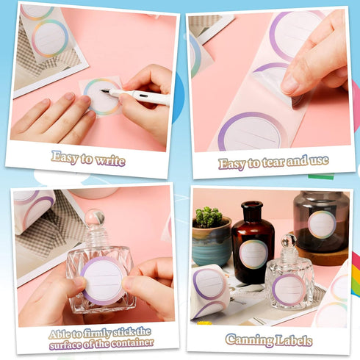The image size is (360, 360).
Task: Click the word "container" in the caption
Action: pos(132,343)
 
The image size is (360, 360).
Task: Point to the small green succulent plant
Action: pos(209,217)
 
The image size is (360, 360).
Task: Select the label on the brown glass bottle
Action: pos(253,254)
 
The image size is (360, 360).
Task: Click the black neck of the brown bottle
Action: pos(252,212)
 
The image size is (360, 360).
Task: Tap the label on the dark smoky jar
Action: pos(322,225)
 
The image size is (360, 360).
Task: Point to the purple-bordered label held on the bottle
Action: pos(101,281)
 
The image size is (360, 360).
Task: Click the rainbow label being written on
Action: pos(102,97)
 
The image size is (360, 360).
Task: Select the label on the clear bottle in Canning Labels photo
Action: pos(289,289)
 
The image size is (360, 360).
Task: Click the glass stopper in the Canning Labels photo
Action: pos(289,240)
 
